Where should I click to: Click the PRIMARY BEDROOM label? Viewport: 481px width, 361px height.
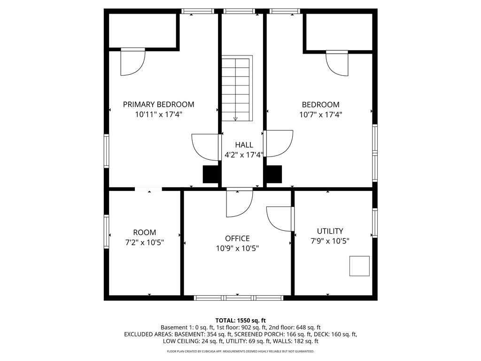pyautogui.click(x=158, y=104)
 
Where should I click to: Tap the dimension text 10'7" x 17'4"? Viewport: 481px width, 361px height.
pyautogui.click(x=320, y=115)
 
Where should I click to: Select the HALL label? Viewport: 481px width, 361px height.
pyautogui.click(x=244, y=145)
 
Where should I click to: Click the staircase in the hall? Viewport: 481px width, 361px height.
pyautogui.click(x=237, y=88)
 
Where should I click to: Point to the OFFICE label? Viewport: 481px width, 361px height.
pyautogui.click(x=237, y=238)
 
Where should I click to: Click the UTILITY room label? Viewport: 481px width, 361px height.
pyautogui.click(x=330, y=231)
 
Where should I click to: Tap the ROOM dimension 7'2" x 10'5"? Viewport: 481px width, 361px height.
pyautogui.click(x=145, y=243)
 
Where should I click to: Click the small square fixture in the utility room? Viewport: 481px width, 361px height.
pyautogui.click(x=359, y=266)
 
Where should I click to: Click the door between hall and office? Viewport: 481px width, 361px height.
pyautogui.click(x=240, y=203)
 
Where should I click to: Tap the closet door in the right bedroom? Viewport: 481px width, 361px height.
pyautogui.click(x=337, y=63)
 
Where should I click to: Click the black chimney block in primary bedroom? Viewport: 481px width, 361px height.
pyautogui.click(x=210, y=174)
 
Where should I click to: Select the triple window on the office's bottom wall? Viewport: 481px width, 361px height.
pyautogui.click(x=238, y=298)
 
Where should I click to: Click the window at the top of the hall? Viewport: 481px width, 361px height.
pyautogui.click(x=239, y=11)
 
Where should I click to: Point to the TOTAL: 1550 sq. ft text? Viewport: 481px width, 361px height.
pyautogui.click(x=240, y=321)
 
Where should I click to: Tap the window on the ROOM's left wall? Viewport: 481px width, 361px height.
pyautogui.click(x=107, y=231)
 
